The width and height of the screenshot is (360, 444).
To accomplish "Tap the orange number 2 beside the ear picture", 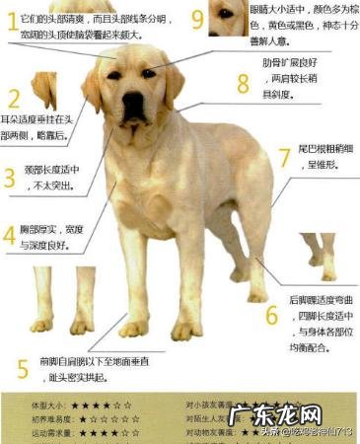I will [13, 98].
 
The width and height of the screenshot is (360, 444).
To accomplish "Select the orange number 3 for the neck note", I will [10, 178].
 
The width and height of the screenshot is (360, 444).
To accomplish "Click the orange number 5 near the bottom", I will [23, 369].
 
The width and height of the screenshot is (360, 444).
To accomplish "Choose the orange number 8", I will [243, 82].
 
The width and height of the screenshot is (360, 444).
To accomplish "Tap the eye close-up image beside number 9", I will [229, 15].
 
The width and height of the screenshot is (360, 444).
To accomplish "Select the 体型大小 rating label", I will [50, 405].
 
